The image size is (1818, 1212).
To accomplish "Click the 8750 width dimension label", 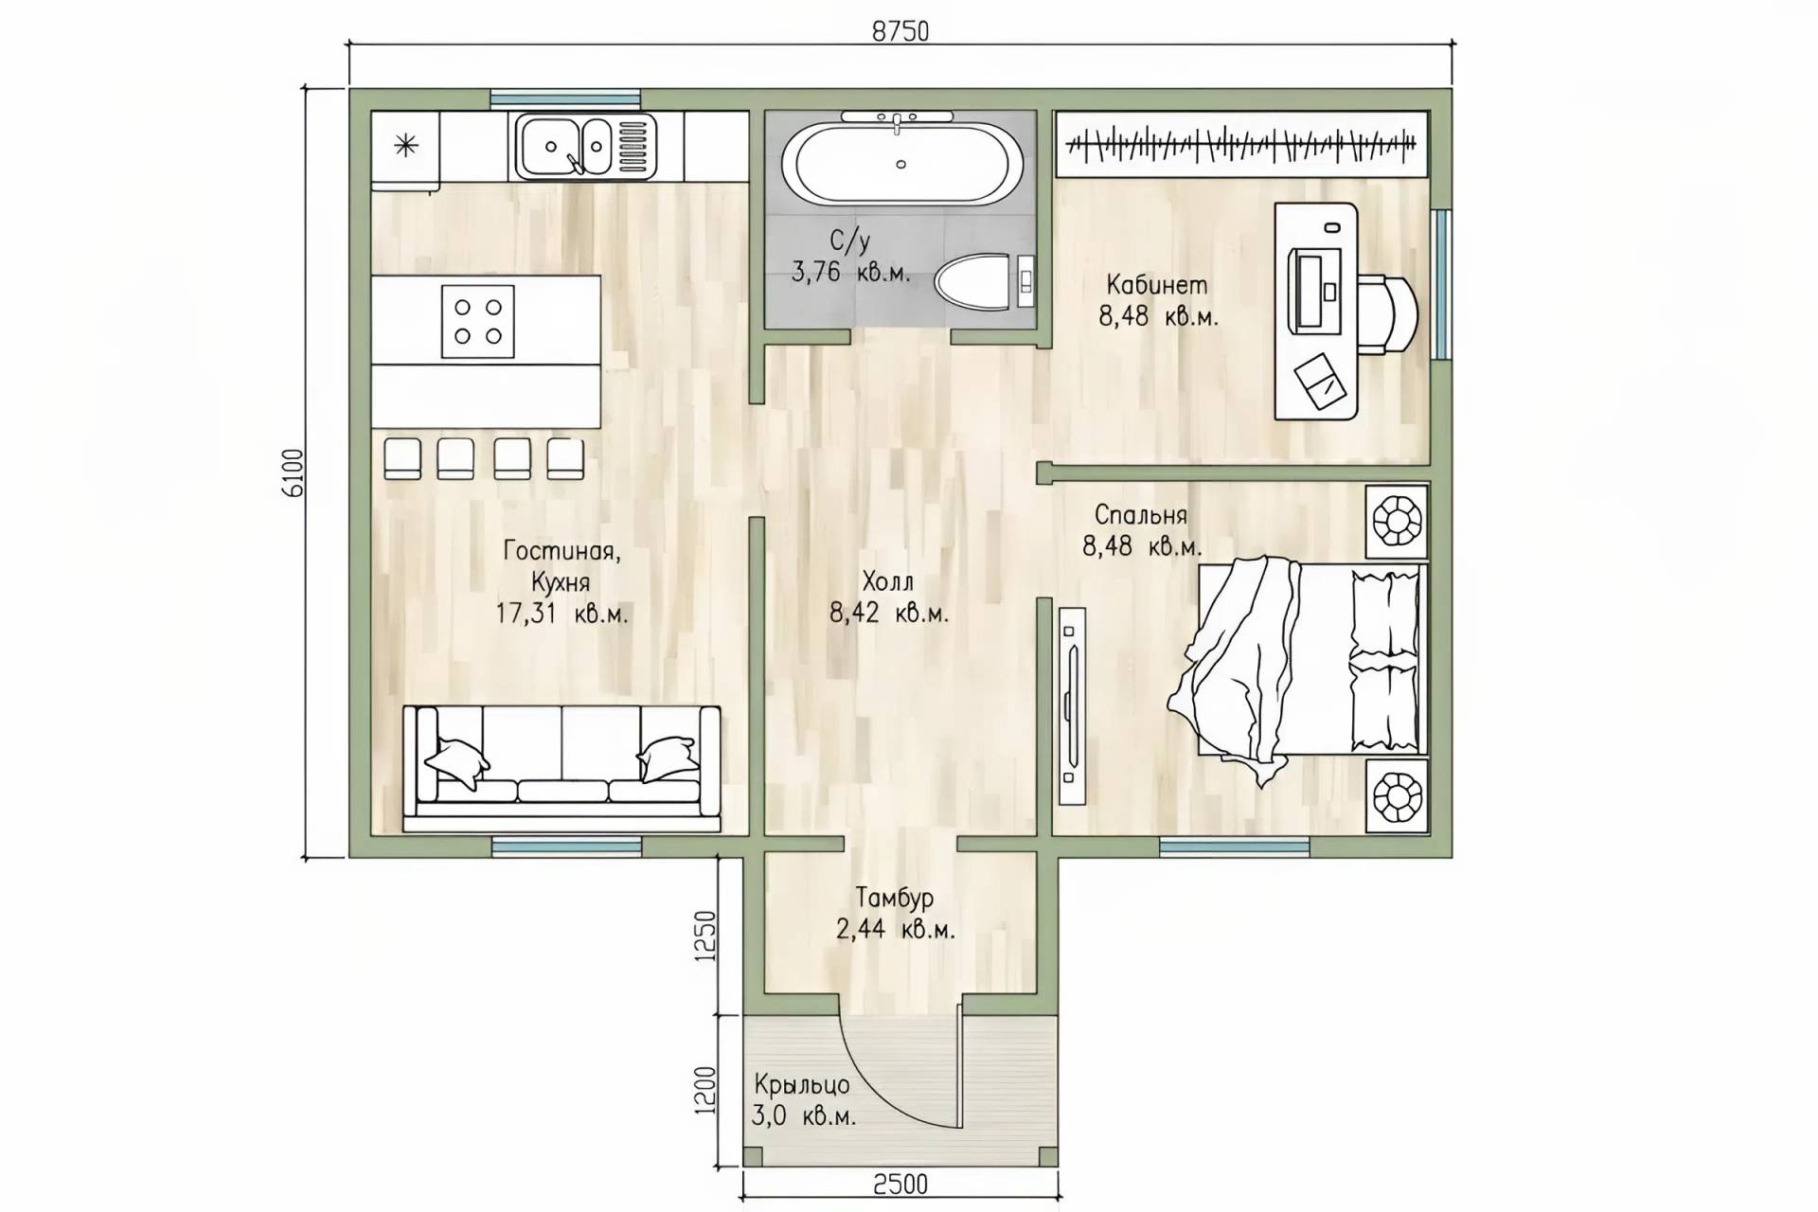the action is tap(900, 31).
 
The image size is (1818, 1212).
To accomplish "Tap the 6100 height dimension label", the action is tap(293, 472).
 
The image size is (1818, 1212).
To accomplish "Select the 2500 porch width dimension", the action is tap(900, 1184).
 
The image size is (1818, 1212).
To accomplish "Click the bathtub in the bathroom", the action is tap(901, 163).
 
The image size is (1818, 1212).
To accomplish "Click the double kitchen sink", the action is tap(585, 146).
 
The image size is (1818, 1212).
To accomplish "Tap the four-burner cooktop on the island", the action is tap(478, 322).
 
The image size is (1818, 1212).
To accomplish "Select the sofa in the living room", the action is tap(561, 768).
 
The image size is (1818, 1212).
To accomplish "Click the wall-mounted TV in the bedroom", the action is tap(1072, 705).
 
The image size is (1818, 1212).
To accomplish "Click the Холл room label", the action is tap(887, 580).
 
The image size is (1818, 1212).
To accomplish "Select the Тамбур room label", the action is tap(895, 898).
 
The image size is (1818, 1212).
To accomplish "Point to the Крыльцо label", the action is tap(802, 1084).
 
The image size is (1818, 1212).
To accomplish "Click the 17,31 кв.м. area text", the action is tap(561, 614).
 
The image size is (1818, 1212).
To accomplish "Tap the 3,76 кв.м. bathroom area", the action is tap(850, 274).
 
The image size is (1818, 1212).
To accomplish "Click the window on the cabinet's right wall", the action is tap(1440, 284).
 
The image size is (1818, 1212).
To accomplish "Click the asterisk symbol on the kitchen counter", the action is tap(406, 146).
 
